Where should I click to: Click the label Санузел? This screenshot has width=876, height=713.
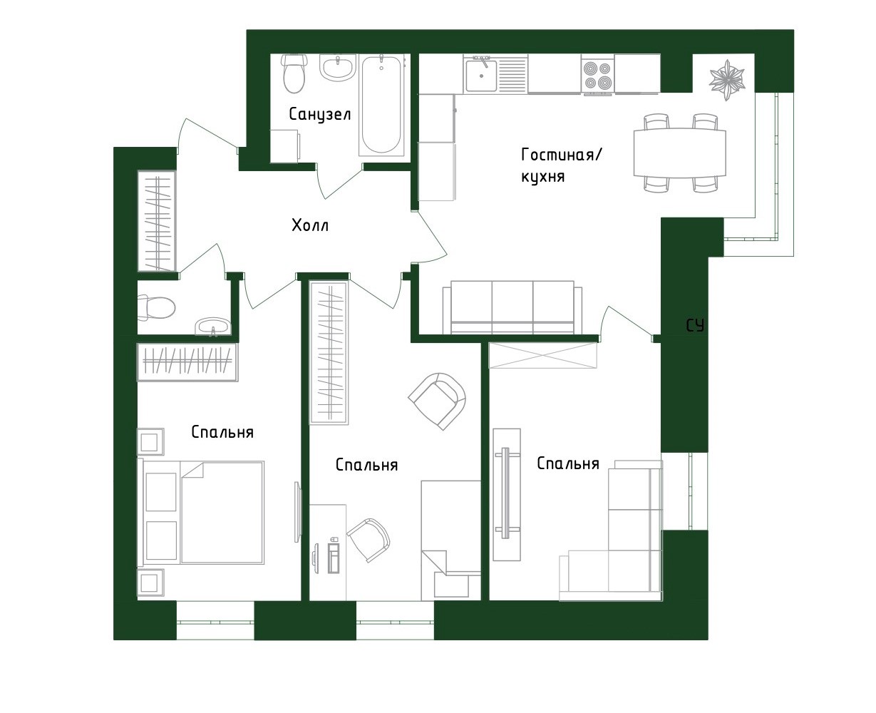click(319, 114)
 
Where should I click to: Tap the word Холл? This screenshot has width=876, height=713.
click(310, 226)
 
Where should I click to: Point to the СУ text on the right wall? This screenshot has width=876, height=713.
click(695, 326)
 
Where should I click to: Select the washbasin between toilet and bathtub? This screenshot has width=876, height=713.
click(336, 69)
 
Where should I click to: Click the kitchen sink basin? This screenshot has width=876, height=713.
click(481, 76)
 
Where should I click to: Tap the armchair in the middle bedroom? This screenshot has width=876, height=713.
click(437, 400)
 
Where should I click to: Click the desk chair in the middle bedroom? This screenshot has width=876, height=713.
click(369, 540)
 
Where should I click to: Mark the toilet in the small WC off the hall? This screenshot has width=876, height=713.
click(157, 308)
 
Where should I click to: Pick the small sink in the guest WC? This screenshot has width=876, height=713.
click(213, 327)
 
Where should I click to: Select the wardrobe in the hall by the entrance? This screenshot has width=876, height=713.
click(156, 221)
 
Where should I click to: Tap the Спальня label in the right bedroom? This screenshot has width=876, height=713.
click(567, 464)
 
